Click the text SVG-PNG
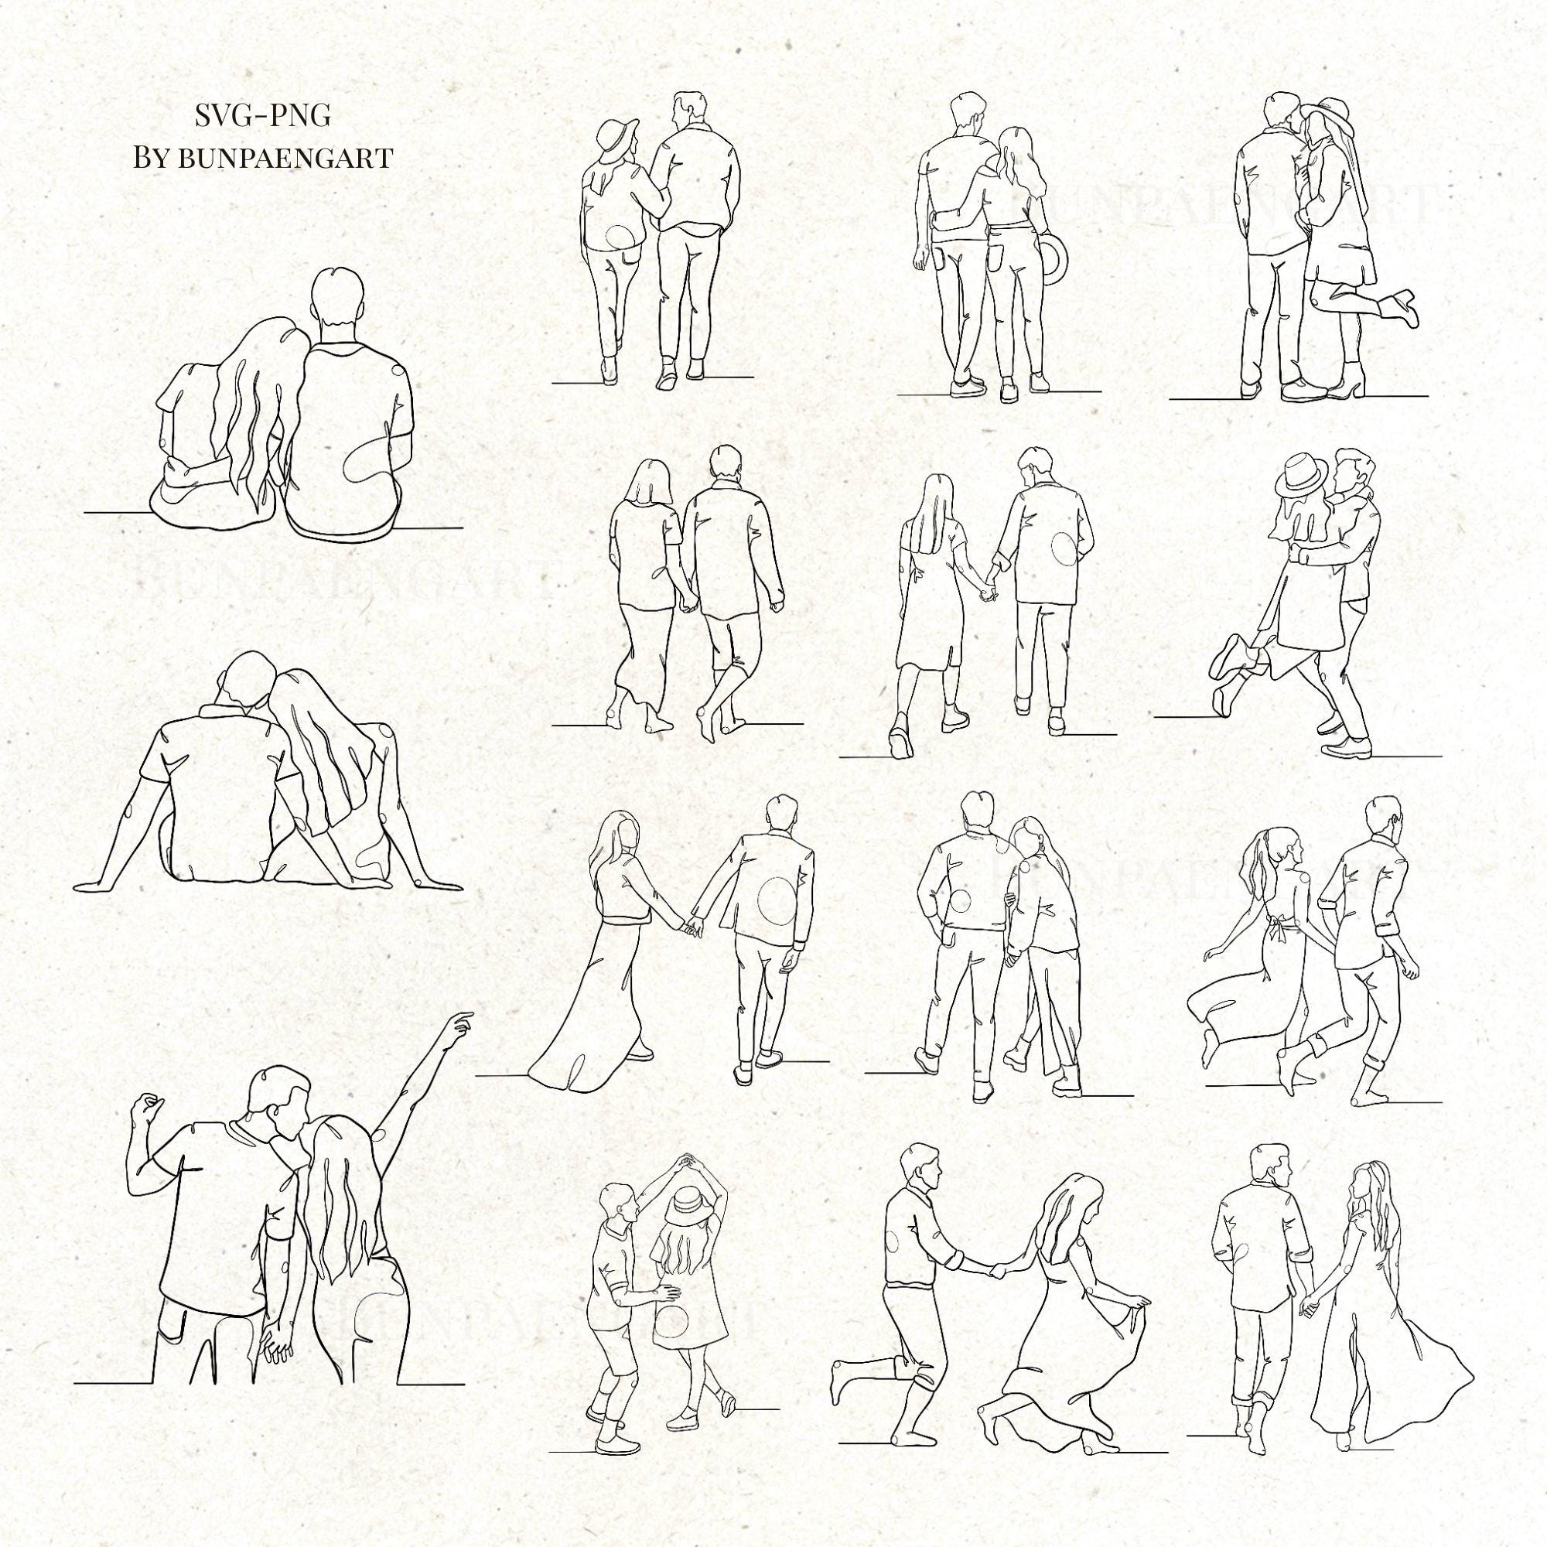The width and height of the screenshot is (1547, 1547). [x=263, y=116]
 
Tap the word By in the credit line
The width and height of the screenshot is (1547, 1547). [x=152, y=158]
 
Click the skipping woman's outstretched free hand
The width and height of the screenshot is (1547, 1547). [x=1208, y=953]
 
